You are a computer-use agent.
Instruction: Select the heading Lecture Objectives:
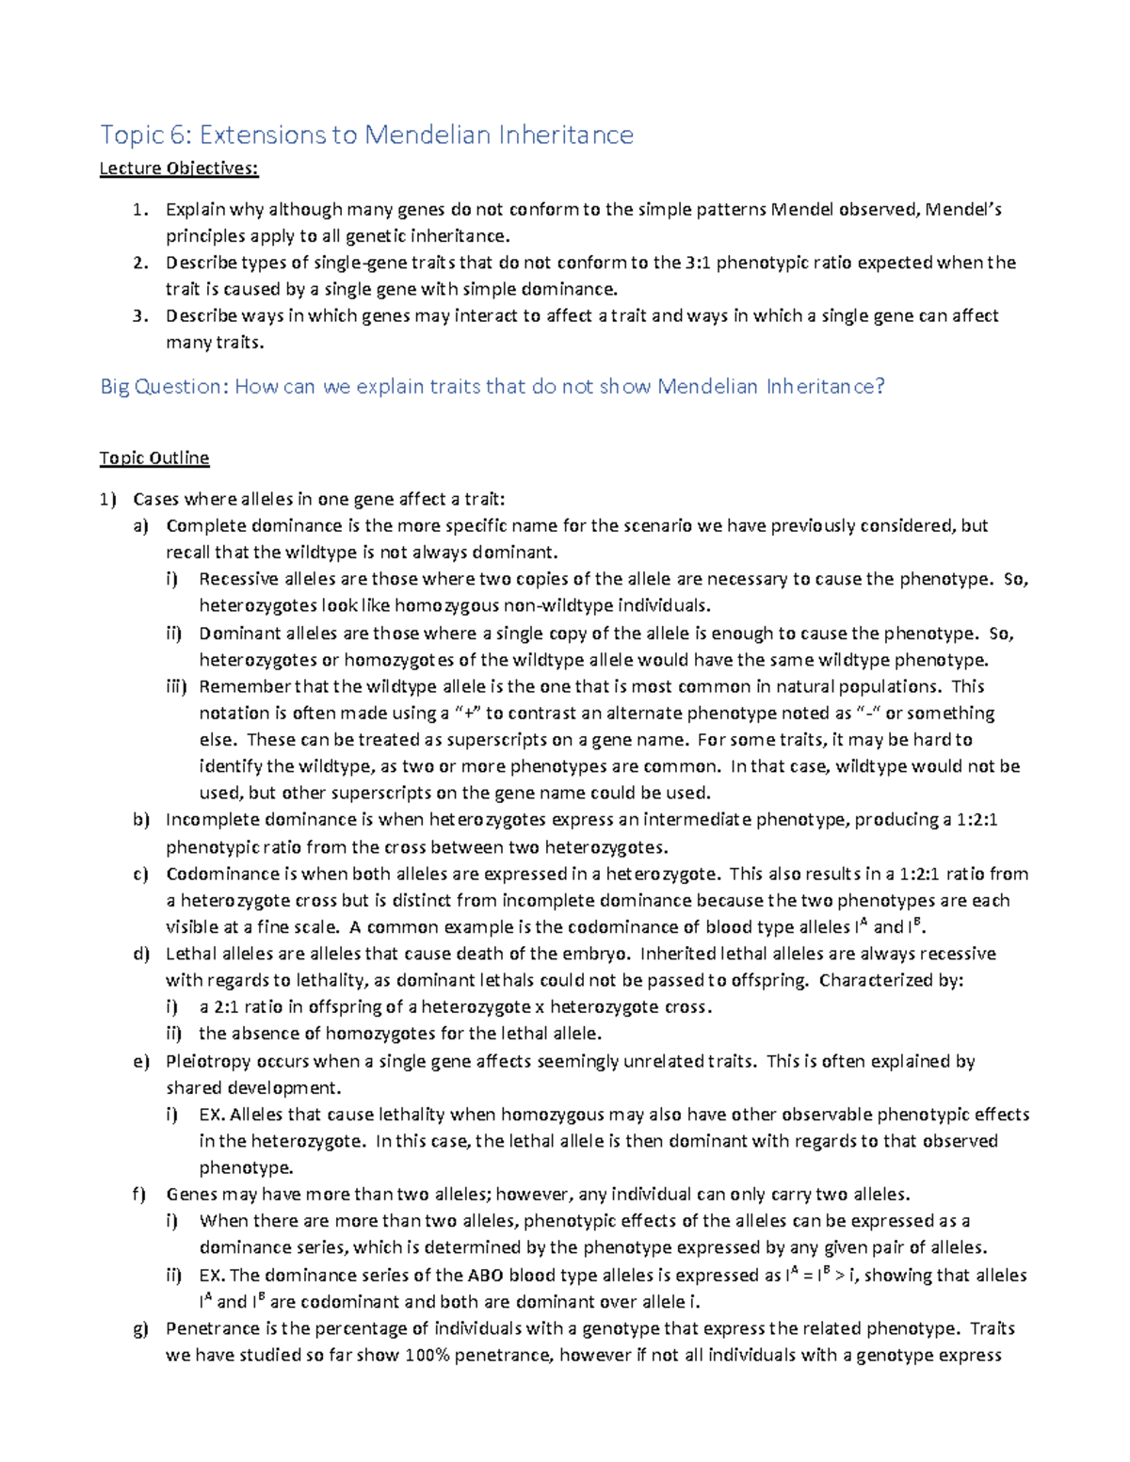point(179,169)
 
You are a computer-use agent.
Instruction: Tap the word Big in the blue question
point(115,386)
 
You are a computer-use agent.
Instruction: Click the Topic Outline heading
point(154,458)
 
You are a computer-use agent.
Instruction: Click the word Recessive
point(238,579)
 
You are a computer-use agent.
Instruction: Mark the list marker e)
point(141,1061)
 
